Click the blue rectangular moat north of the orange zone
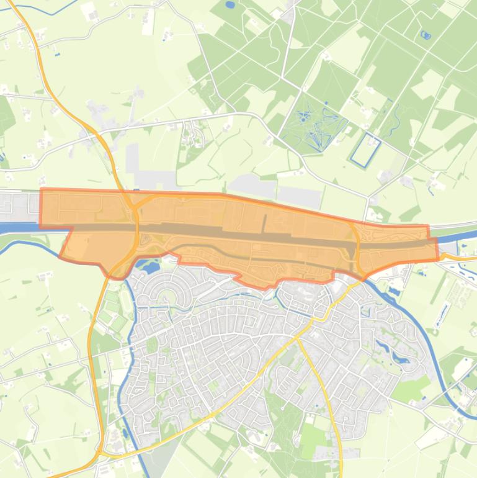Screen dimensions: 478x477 (365, 150)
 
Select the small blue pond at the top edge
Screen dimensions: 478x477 (230, 5)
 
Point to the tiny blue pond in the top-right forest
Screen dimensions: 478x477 (426, 35)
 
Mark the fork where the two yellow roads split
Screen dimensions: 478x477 (297, 339)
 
